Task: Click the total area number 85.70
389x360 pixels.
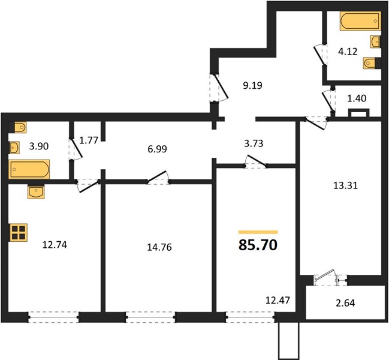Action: pos(258,245)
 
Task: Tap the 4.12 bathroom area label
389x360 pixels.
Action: pos(348,52)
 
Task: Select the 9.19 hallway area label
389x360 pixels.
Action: pos(252,85)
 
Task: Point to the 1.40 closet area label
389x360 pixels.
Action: pos(357,98)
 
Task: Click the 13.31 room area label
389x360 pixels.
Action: pos(345,185)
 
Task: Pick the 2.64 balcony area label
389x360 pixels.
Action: pos(345,303)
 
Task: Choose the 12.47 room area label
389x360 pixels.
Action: pos(278,301)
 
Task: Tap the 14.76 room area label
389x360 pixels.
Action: pos(159,247)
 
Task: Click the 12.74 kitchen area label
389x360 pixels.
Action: pos(55,245)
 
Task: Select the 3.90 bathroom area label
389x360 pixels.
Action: pos(39,146)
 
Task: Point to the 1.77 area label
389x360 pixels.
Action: pos(89,141)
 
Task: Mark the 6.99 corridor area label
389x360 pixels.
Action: pos(157,149)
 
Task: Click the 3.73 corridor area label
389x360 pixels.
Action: pos(254,143)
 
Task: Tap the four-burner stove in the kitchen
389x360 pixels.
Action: pos(19,233)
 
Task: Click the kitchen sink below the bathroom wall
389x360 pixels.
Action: pos(36,192)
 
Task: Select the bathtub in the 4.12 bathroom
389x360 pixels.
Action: pos(360,21)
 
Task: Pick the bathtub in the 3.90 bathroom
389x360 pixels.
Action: pos(29,169)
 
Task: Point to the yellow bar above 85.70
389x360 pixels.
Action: pos(258,232)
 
